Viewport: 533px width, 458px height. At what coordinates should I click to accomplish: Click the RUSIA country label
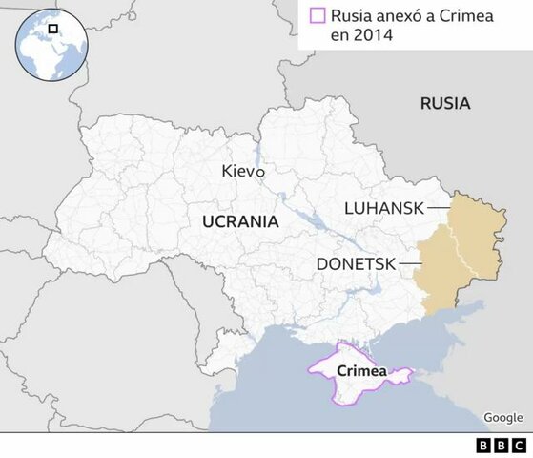[445, 104]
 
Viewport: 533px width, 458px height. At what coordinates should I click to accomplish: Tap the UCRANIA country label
[240, 221]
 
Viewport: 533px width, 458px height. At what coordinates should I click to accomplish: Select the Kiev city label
[238, 172]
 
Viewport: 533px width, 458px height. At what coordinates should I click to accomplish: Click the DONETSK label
[355, 262]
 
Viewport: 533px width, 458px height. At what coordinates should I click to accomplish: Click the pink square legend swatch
[317, 15]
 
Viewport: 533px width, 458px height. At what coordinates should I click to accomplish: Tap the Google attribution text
[502, 417]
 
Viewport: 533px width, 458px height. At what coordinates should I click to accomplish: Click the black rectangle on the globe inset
[54, 29]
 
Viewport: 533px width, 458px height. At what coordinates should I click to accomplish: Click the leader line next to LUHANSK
[439, 207]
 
